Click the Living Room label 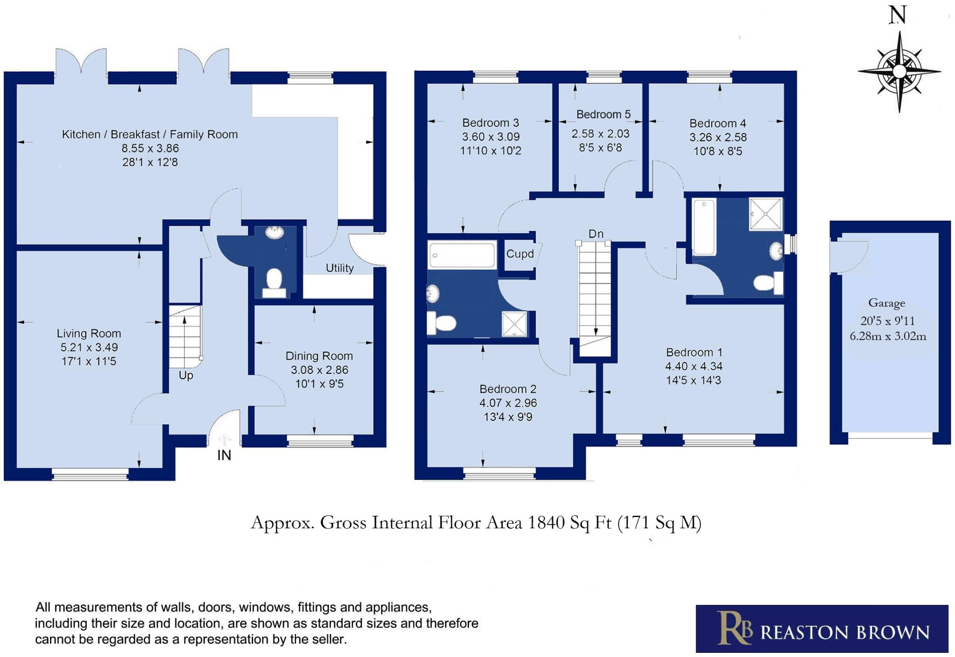89,333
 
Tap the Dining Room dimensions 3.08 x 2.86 319,370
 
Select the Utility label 339,268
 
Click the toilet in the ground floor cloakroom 274,281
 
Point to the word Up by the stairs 186,375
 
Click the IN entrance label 224,455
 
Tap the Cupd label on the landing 520,254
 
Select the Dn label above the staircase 596,234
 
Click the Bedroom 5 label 603,114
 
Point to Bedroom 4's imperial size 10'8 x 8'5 718,151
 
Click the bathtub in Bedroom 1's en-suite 704,227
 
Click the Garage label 886,303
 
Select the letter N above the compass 898,15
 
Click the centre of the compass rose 899,72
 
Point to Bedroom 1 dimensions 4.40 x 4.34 694,366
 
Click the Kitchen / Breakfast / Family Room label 150,134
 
